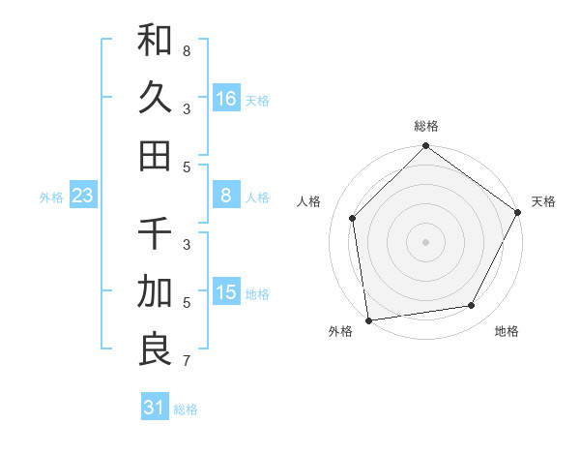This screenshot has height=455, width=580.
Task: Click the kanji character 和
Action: pyautogui.click(x=155, y=41)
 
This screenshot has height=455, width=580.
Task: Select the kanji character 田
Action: pyautogui.click(x=155, y=154)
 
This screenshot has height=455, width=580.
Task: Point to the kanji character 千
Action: pyautogui.click(x=155, y=233)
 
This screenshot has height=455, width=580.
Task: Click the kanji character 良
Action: pyautogui.click(x=155, y=348)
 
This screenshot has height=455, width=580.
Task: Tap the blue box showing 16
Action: pyautogui.click(x=226, y=98)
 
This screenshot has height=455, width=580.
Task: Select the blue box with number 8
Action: pyautogui.click(x=226, y=196)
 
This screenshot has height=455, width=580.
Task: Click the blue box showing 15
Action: pyautogui.click(x=226, y=292)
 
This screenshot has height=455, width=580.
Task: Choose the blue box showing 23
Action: pyautogui.click(x=83, y=196)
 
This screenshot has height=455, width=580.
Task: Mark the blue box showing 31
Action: pyautogui.click(x=155, y=408)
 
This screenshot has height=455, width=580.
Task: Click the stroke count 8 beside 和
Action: pyautogui.click(x=187, y=49)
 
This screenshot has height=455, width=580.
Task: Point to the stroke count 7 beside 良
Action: pyautogui.click(x=187, y=362)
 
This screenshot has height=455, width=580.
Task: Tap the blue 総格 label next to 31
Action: pyautogui.click(x=186, y=409)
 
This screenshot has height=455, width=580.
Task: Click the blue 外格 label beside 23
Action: pyautogui.click(x=51, y=197)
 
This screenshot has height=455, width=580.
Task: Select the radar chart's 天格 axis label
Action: pyautogui.click(x=543, y=201)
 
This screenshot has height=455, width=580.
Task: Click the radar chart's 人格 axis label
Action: pyautogui.click(x=309, y=201)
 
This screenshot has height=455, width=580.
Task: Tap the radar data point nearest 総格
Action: pyautogui.click(x=425, y=147)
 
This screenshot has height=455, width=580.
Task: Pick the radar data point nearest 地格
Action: pyautogui.click(x=472, y=305)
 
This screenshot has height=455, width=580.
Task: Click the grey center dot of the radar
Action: pyautogui.click(x=425, y=241)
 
